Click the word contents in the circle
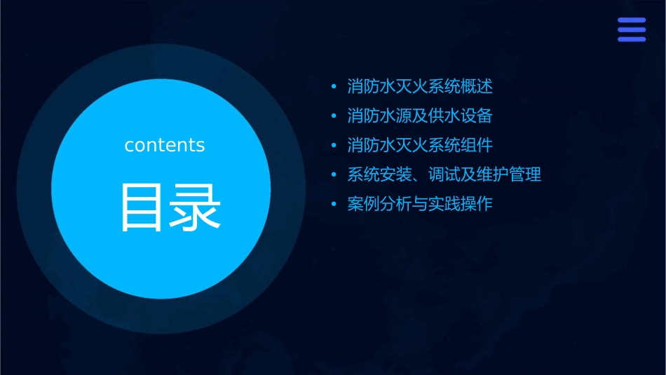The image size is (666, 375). pyautogui.click(x=165, y=145)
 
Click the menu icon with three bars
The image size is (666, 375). pyautogui.click(x=631, y=29)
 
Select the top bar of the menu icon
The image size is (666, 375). pyautogui.click(x=631, y=20)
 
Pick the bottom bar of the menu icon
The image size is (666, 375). pyautogui.click(x=631, y=39)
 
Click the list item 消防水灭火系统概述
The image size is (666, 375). pyautogui.click(x=420, y=87)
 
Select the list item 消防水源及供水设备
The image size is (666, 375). pyautogui.click(x=424, y=116)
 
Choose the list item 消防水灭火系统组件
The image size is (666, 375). pyautogui.click(x=420, y=145)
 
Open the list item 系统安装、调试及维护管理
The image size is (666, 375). pyautogui.click(x=444, y=175)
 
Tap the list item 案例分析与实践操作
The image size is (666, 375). pyautogui.click(x=420, y=204)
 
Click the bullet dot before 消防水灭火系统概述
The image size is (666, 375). pyautogui.click(x=334, y=87)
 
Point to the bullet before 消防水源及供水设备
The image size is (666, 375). pyautogui.click(x=334, y=116)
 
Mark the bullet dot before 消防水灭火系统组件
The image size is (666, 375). pyautogui.click(x=334, y=146)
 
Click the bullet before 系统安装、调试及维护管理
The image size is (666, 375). pyautogui.click(x=334, y=175)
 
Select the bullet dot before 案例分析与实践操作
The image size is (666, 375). pyautogui.click(x=334, y=205)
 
